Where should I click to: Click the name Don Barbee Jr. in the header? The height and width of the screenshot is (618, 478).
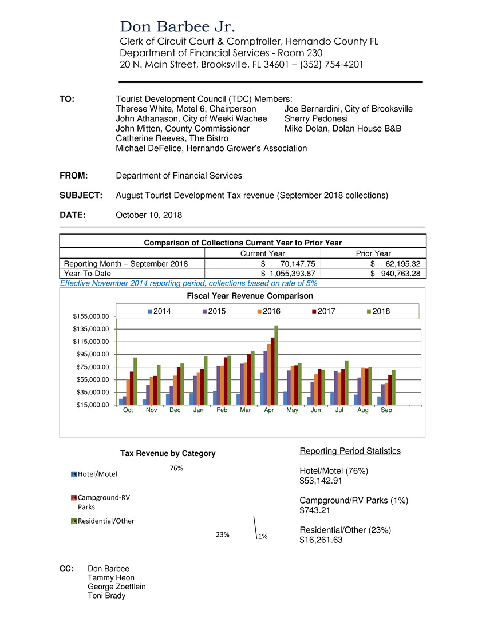[177, 27]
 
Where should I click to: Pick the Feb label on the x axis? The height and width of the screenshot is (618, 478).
[222, 410]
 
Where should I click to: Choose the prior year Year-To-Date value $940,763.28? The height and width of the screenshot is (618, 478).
[396, 274]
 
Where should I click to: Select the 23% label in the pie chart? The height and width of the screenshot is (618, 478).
[223, 534]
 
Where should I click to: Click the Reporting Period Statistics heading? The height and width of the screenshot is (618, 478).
[350, 451]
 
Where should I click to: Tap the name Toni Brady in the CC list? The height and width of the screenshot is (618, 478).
[106, 595]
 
